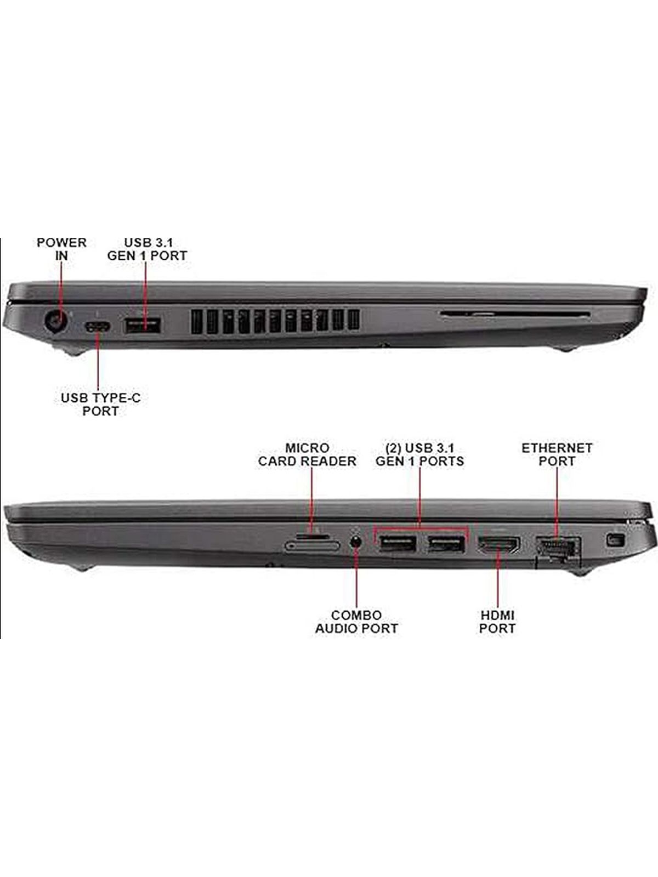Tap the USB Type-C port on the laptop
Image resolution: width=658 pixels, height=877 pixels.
[x=98, y=327]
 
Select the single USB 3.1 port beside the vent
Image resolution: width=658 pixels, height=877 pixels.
[x=143, y=325]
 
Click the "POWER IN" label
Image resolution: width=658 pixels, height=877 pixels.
[x=61, y=249]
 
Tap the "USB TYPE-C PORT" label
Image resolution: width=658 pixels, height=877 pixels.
[x=101, y=405]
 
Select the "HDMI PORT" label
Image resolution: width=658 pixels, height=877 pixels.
[x=497, y=622]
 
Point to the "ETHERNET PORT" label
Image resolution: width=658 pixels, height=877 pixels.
[x=557, y=454]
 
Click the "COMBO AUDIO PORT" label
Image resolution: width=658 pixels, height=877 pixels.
[x=356, y=622]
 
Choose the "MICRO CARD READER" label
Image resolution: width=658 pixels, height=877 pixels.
[x=307, y=454]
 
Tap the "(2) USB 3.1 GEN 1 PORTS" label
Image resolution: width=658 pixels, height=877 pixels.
[x=420, y=454]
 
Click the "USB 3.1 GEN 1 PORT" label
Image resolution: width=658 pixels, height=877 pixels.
[x=147, y=249]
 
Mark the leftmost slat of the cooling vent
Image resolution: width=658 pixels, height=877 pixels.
[x=196, y=322]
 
